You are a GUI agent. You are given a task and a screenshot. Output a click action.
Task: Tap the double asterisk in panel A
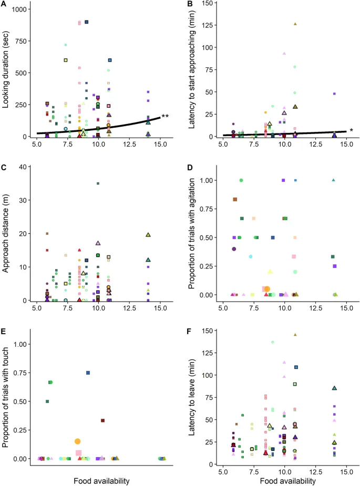tap(166, 116)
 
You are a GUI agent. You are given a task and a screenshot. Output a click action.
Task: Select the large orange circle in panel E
tap(78, 441)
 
